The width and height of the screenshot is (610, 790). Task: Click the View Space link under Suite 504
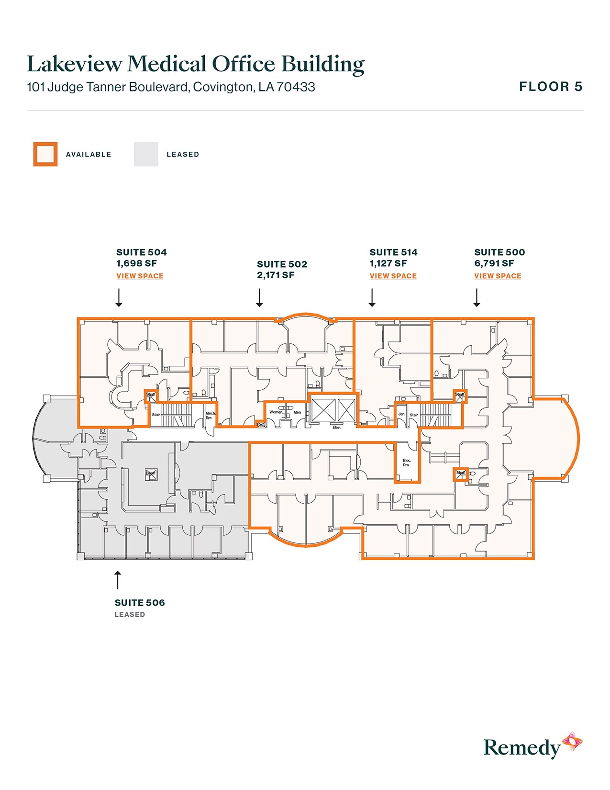coord(140,276)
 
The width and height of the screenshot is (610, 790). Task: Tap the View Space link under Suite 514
coord(393,276)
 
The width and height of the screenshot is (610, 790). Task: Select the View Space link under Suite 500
coord(498,276)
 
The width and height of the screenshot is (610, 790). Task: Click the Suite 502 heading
coord(282,264)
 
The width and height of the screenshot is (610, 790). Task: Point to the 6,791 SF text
coord(494,263)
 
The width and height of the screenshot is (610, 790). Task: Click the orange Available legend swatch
coord(45,154)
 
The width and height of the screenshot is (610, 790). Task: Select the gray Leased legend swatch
coord(146,154)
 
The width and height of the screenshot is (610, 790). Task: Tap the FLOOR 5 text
coord(551,87)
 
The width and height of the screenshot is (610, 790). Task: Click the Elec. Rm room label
coord(407,463)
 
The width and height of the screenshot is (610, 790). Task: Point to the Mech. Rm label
coord(210,416)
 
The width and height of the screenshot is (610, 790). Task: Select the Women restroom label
coord(276,412)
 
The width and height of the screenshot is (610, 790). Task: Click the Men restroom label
coord(297,412)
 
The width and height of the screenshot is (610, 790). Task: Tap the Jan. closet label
coord(402,414)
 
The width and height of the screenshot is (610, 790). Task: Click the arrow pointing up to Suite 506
coord(118,579)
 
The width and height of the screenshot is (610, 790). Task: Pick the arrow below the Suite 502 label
coord(259,297)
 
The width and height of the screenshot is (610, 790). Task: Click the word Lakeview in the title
coord(74,64)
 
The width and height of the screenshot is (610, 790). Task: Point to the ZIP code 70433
coord(296,87)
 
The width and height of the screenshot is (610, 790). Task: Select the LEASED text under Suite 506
coord(130,615)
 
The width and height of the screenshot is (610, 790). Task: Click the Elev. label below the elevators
coord(336,427)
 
